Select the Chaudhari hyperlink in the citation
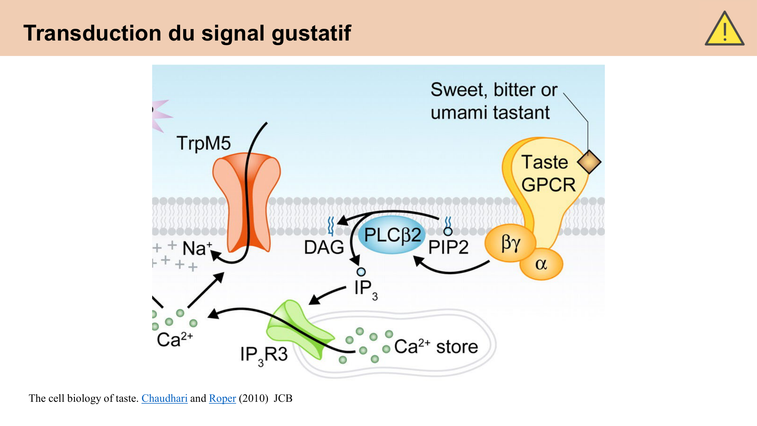pos(164,398)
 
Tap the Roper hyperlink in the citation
pos(222,398)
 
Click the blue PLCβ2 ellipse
pos(392,235)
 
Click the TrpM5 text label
pos(204,144)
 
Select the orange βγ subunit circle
pos(511,243)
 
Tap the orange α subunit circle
pos(541,264)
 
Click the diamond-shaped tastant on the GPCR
pos(589,162)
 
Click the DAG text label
pos(324,248)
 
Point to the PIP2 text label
pos(448,248)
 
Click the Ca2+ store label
pos(436,346)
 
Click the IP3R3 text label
pos(264,355)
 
